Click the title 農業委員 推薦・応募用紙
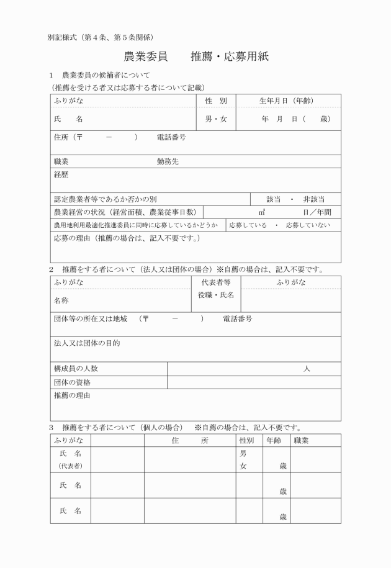click(x=195, y=57)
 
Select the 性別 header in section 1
click(x=216, y=101)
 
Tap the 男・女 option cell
click(x=216, y=119)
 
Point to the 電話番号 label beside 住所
click(x=171, y=137)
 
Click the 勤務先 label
click(x=168, y=161)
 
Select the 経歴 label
click(x=61, y=174)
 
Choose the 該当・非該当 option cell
click(x=295, y=199)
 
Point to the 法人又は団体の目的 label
click(x=86, y=343)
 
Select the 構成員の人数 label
click(x=76, y=369)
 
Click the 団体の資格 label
click(x=72, y=382)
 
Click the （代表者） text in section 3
click(x=70, y=466)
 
